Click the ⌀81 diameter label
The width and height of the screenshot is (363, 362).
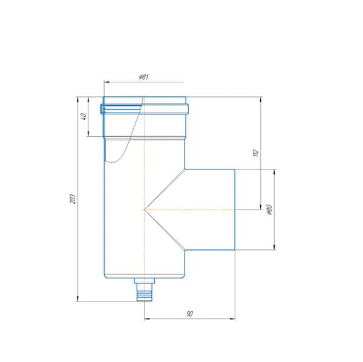click(143, 77)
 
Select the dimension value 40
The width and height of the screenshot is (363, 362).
click(83, 116)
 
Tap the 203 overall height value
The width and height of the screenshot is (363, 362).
click(73, 199)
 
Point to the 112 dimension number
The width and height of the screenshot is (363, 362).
click(255, 153)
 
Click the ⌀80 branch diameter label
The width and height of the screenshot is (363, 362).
click(269, 210)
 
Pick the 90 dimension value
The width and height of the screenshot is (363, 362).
click(189, 314)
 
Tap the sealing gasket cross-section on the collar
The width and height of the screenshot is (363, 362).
click(102, 109)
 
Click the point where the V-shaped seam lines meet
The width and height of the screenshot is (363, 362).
click(145, 210)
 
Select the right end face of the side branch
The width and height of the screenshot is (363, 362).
click(235, 209)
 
